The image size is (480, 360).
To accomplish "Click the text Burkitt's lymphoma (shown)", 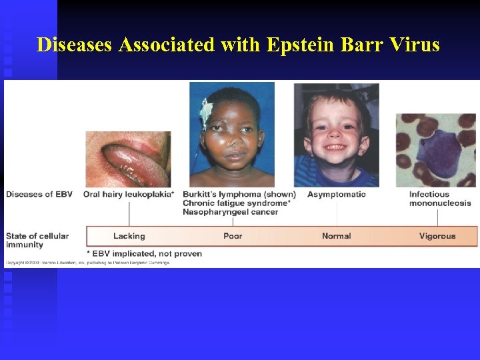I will click(239, 194).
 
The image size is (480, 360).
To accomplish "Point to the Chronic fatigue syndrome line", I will click(236, 203).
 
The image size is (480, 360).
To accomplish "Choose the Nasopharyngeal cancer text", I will click(230, 211).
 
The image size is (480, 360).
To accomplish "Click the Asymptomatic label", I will click(336, 194).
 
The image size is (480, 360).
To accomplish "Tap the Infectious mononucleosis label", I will click(440, 199).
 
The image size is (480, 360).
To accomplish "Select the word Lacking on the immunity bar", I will click(129, 236).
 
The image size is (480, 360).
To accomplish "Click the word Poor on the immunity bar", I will click(233, 236).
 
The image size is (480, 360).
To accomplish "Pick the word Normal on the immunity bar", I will click(336, 236).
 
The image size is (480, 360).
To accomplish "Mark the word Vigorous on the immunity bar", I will click(437, 236).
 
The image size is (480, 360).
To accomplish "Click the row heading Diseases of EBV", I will click(39, 194).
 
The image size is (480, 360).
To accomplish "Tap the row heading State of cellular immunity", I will click(37, 240).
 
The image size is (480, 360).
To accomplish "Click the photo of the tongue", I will click(128, 159).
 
